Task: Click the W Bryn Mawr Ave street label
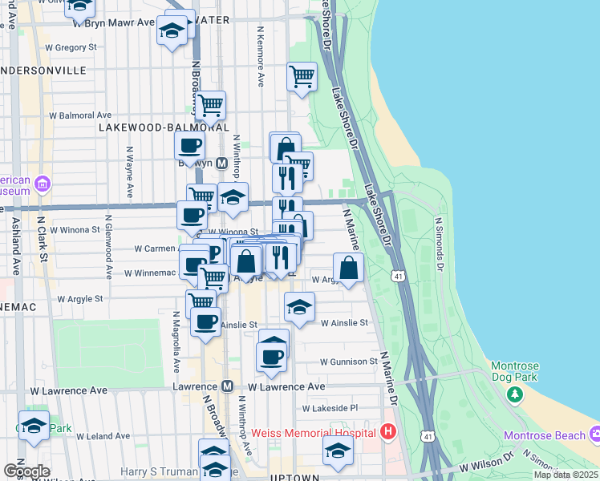pyautogui.click(x=120, y=22)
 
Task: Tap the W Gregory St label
pyautogui.click(x=71, y=47)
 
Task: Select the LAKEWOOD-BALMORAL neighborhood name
pyautogui.click(x=164, y=127)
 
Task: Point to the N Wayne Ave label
pyautogui.click(x=129, y=172)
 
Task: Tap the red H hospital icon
pyautogui.click(x=389, y=433)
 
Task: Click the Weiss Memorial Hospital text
pyautogui.click(x=313, y=433)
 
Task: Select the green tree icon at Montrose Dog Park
pyautogui.click(x=514, y=394)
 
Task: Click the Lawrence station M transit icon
pyautogui.click(x=227, y=386)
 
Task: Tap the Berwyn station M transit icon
pyautogui.click(x=222, y=163)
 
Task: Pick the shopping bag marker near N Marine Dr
pyautogui.click(x=348, y=269)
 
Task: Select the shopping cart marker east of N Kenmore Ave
pyautogui.click(x=302, y=77)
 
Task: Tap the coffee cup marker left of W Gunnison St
pyautogui.click(x=273, y=356)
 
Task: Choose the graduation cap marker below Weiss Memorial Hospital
pyautogui.click(x=338, y=451)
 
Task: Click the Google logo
pyautogui.click(x=27, y=471)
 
